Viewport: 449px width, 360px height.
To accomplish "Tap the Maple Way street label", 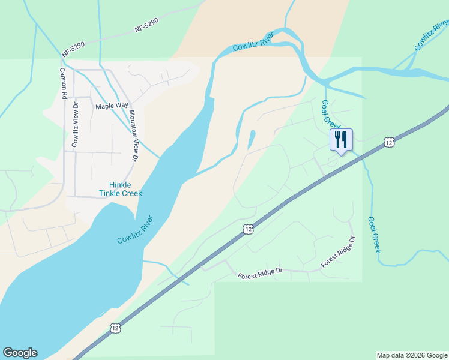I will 112,106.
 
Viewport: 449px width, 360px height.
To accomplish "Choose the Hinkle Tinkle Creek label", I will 121,189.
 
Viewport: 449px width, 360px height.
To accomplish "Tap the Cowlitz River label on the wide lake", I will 135,229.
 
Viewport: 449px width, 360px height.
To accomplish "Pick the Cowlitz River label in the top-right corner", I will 430,36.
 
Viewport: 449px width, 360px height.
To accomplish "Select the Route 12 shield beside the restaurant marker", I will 389,142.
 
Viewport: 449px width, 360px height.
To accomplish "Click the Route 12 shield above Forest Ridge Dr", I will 248,229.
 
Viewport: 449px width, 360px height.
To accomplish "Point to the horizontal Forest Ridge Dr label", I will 260,273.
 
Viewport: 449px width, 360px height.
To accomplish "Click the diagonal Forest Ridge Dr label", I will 338,252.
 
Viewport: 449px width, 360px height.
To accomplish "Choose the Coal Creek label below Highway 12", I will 375,235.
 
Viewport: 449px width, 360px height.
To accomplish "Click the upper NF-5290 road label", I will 146,25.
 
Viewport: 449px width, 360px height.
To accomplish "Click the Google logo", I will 20,353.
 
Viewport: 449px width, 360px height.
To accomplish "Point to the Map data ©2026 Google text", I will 412,355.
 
